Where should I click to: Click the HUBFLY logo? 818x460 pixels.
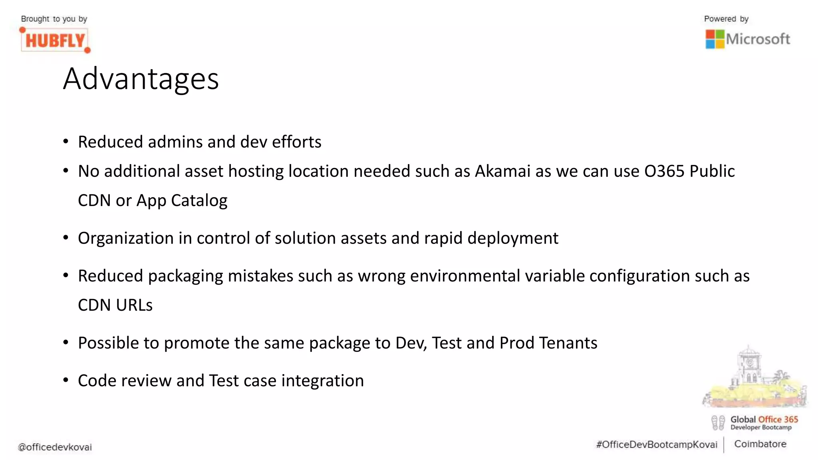[55, 40]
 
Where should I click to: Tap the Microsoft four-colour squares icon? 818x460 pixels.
[715, 39]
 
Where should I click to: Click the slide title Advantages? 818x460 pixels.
[141, 79]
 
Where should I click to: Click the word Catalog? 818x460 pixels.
[199, 200]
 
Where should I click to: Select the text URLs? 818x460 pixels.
[134, 305]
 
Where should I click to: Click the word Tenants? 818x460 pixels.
[568, 343]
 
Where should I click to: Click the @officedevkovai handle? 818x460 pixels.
[55, 447]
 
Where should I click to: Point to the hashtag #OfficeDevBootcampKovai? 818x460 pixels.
[657, 445]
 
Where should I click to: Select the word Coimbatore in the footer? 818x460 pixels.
[760, 444]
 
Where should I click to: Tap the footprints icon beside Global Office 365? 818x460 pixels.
[718, 422]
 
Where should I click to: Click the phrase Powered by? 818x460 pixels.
[726, 19]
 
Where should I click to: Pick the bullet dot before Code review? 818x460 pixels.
[66, 380]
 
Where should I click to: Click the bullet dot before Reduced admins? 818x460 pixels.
[66, 141]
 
